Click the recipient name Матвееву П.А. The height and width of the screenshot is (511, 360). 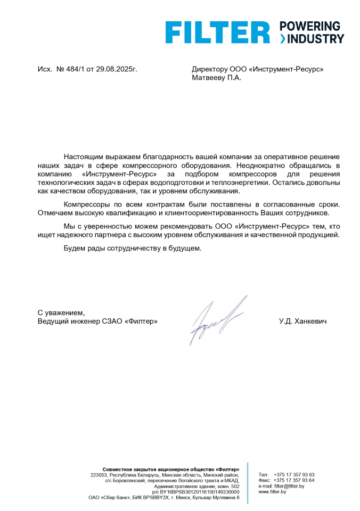point(216,78)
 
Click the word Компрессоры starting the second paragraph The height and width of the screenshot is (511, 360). point(86,205)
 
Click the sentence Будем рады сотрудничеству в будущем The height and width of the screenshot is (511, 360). point(133,248)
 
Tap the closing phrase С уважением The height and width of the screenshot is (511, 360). point(61,313)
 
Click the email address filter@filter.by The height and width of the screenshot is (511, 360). point(289,486)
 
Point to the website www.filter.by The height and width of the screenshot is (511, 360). point(272,492)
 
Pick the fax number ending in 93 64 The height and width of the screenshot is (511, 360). point(294,480)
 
